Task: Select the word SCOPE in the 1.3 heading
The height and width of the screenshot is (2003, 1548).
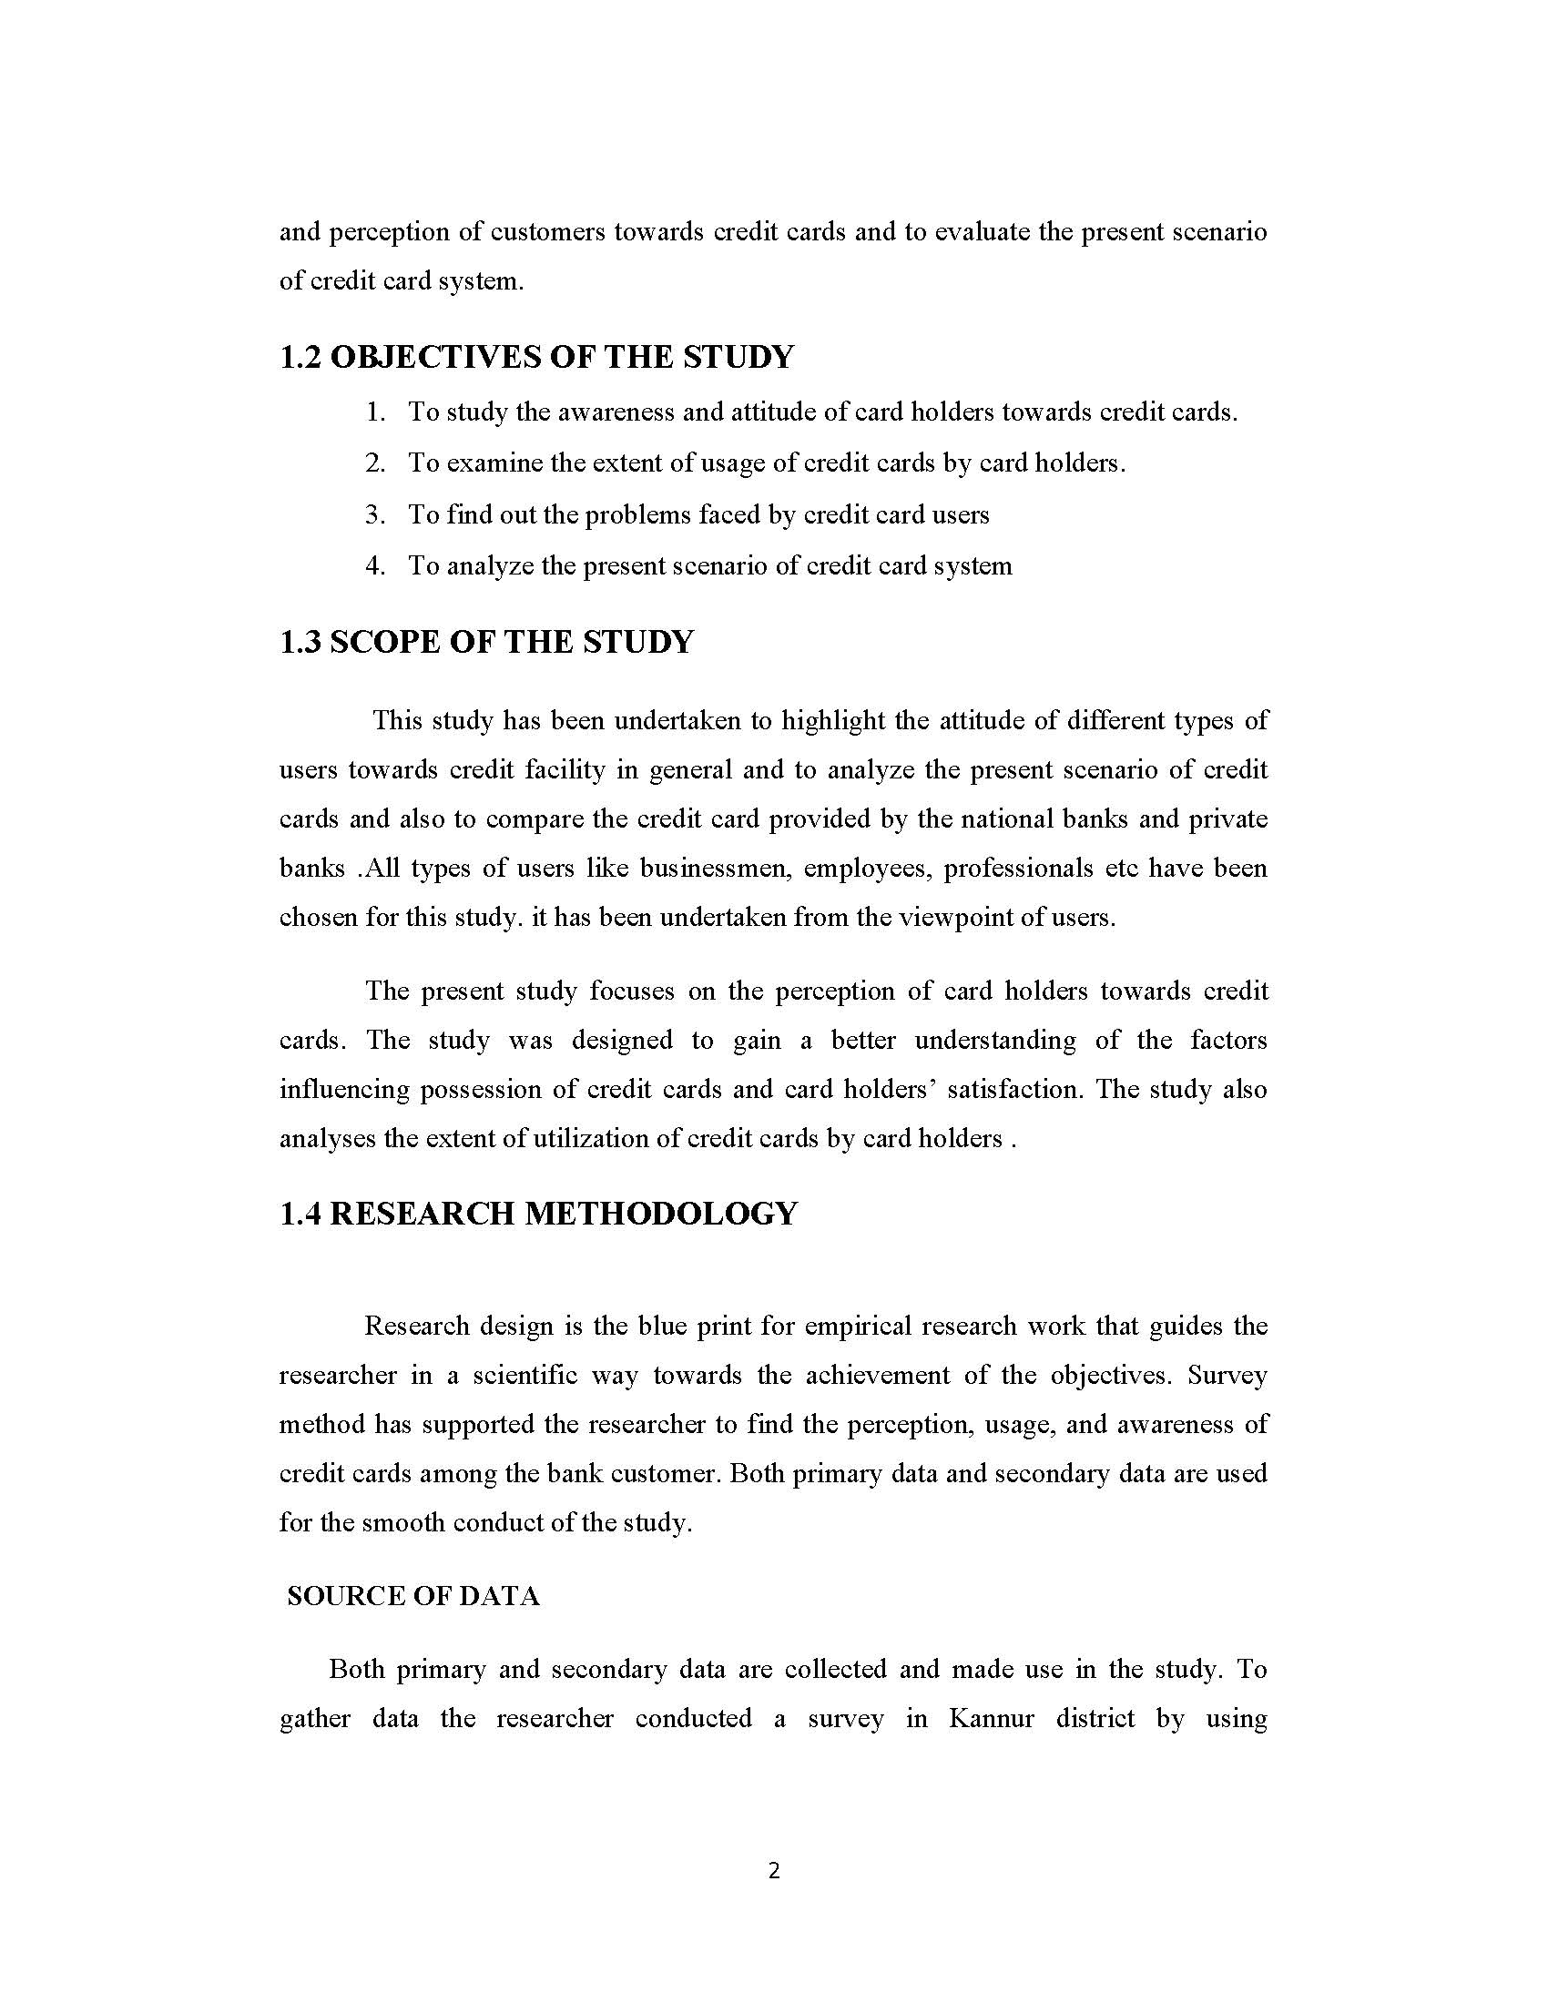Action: [x=384, y=641]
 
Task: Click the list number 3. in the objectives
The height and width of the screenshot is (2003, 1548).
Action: [x=375, y=514]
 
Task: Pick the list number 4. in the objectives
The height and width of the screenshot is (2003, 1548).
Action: [x=375, y=566]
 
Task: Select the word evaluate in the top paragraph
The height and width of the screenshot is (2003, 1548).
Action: [x=982, y=232]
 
